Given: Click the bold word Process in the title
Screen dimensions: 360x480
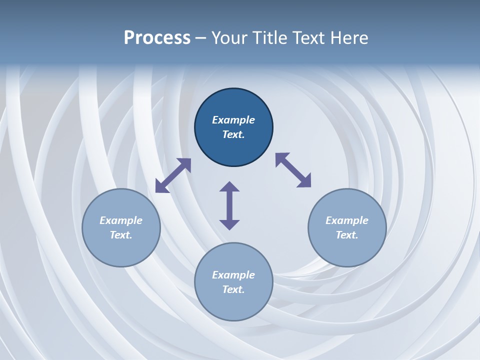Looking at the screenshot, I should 157,38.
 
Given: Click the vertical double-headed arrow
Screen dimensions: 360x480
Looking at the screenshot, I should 229,205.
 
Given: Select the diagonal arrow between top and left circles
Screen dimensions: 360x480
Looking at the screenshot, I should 173,175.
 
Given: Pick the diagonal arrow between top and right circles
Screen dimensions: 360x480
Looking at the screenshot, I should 293,170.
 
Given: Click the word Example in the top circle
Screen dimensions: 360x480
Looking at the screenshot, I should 233,120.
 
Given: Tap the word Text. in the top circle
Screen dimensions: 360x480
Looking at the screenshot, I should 233,134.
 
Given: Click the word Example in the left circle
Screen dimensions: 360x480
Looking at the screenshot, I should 121,220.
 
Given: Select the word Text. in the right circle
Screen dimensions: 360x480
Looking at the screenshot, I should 347,235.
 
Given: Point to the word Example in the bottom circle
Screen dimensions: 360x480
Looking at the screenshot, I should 233,275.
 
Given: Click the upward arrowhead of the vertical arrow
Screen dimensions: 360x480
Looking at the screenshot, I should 229,186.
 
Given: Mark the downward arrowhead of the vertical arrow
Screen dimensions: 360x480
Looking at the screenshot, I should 229,224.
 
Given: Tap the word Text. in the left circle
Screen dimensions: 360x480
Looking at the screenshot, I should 121,235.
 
